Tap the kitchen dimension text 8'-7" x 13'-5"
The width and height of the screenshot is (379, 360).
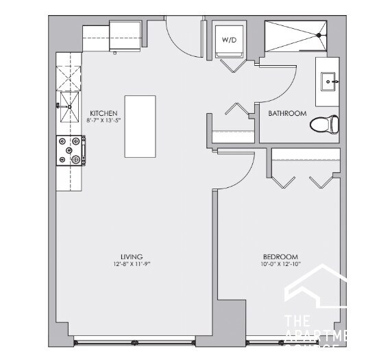tap(104, 121)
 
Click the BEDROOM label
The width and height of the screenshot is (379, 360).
tap(274, 256)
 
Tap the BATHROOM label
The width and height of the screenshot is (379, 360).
tap(287, 113)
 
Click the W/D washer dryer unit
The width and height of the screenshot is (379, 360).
tap(228, 40)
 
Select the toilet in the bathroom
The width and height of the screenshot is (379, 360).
tap(325, 125)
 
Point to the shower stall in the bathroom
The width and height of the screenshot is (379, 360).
tap(296, 35)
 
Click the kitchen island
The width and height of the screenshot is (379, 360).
tap(140, 126)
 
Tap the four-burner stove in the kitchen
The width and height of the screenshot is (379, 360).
tap(69, 151)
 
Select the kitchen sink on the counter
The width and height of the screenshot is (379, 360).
tap(68, 105)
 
